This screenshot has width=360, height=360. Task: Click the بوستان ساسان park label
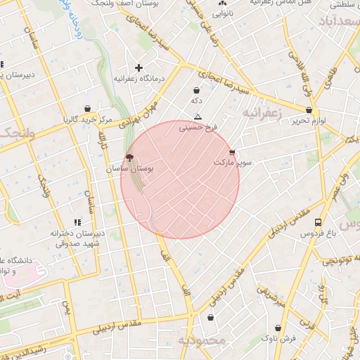129,169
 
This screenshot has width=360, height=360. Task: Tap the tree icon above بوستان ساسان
129,158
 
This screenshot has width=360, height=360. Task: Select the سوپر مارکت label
233,162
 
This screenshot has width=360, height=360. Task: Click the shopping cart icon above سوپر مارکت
232,152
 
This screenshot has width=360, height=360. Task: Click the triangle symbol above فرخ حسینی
198,117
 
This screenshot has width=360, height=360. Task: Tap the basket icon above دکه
196,90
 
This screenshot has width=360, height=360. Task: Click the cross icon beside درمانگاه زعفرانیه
139,68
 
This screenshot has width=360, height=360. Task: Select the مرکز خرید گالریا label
86,120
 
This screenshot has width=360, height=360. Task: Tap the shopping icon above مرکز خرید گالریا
86,109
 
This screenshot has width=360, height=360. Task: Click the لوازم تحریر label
309,121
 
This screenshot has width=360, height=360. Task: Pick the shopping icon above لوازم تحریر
309,110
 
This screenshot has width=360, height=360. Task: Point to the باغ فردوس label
319,233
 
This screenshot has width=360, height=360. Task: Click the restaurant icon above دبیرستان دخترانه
87,223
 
